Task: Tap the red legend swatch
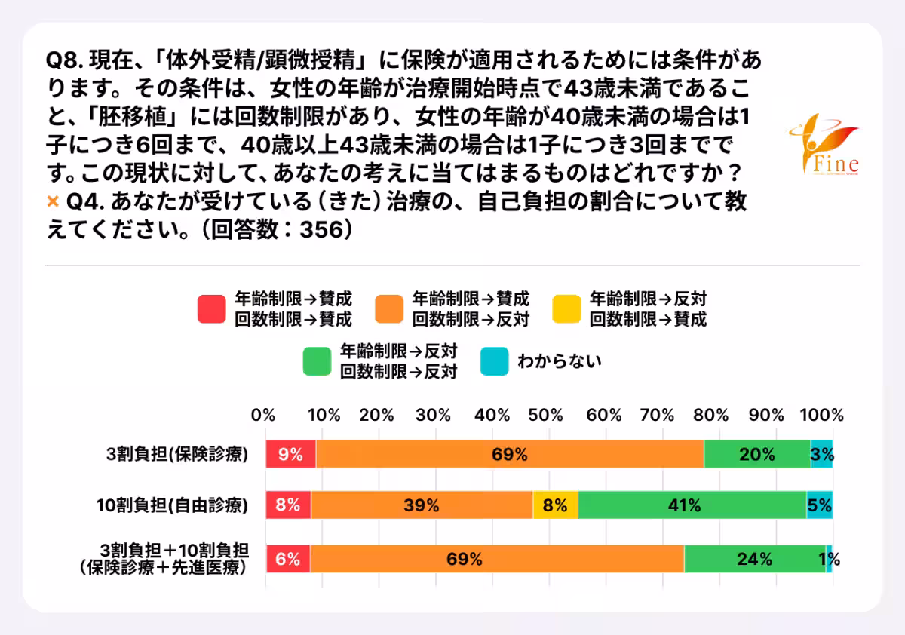[x=212, y=308]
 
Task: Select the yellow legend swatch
[x=566, y=308]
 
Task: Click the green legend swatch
[x=318, y=361]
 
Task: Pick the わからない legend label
[x=559, y=361]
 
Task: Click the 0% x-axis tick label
[x=263, y=415]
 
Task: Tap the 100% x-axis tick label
[x=821, y=415]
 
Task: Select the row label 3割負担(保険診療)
[x=177, y=455]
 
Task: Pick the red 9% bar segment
[x=290, y=455]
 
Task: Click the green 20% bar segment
[x=756, y=455]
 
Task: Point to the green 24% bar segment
[x=754, y=559]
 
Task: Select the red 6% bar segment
[x=287, y=559]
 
